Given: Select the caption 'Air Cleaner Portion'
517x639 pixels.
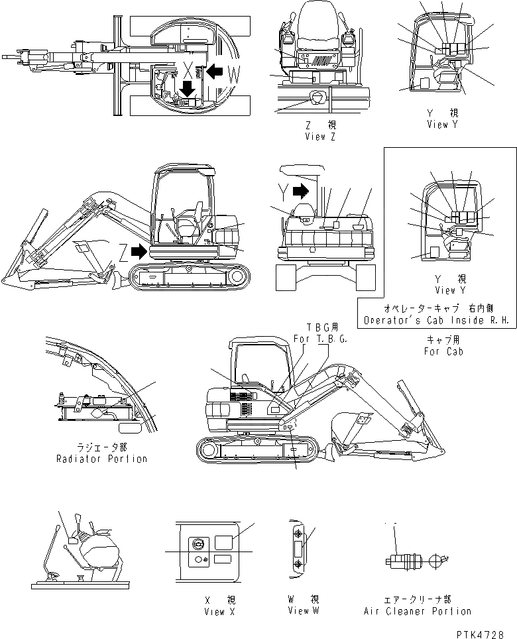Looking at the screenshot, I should [418, 611].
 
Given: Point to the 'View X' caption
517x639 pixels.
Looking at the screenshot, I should [215, 612].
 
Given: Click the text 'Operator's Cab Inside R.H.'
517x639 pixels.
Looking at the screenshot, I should [436, 320].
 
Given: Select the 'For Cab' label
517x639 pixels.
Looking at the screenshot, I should [443, 351].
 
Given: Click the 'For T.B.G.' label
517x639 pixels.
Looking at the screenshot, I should [321, 339].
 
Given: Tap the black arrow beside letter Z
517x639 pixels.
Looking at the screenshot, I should [139, 251].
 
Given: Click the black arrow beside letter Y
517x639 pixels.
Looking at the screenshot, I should [300, 192].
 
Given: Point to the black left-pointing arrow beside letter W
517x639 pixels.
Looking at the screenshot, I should [215, 70].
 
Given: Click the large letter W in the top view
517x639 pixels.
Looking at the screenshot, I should [233, 76].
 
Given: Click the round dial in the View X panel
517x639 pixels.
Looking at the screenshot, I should [197, 543].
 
